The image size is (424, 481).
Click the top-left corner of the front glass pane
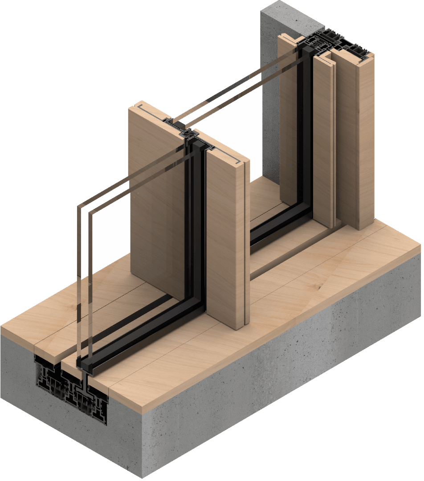[79, 206]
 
